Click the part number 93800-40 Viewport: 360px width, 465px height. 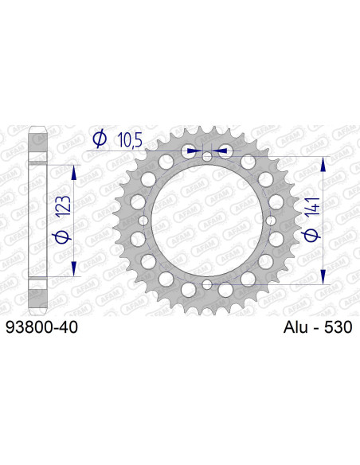(x=41, y=326)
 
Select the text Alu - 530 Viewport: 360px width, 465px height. (x=316, y=326)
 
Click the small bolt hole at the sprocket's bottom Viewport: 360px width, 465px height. (x=207, y=284)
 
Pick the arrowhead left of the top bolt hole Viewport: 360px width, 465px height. (x=191, y=150)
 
